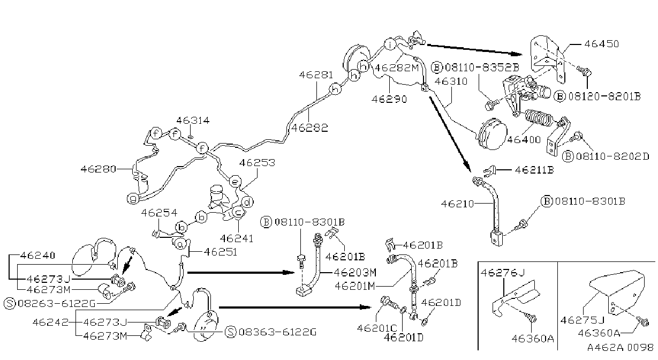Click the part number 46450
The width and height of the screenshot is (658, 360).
pos(601,44)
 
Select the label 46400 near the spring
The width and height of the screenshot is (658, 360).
pos(524,140)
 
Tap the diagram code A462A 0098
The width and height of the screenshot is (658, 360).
pos(621,348)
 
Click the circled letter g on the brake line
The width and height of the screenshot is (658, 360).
pos(133,199)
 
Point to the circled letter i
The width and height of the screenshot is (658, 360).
pos(390,44)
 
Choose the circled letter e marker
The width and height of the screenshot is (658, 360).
pos(235,182)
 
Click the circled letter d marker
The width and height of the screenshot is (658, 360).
pos(247,202)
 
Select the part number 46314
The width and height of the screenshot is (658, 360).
pos(193,121)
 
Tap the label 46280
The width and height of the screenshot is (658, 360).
pos(98,169)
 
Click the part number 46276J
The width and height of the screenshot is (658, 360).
pos(503,273)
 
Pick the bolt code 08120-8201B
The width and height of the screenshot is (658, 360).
pos(604,96)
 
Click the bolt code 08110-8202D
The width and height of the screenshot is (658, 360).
pos(612,156)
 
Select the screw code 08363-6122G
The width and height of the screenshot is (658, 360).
pos(277,332)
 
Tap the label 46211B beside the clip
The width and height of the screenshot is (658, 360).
pos(534,170)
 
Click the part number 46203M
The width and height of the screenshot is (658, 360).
pos(355,273)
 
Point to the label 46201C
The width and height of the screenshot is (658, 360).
pos(377,328)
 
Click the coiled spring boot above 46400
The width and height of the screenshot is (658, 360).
pos(539,119)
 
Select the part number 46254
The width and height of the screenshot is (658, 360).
pos(159,213)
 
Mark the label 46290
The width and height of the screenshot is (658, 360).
pos(389,99)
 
